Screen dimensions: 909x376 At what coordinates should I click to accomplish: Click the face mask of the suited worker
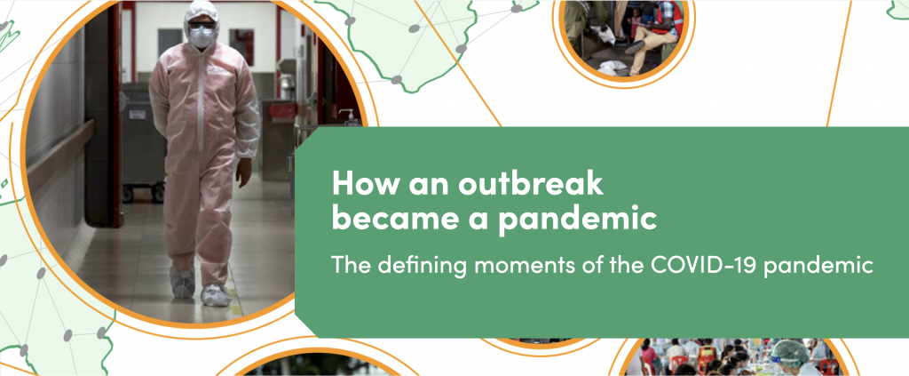(x=202, y=37)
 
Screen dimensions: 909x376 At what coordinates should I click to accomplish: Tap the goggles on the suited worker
(x=202, y=25)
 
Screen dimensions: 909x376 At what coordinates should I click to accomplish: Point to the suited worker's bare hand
(x=244, y=172)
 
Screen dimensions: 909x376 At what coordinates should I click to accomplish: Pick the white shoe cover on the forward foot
(x=215, y=295)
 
